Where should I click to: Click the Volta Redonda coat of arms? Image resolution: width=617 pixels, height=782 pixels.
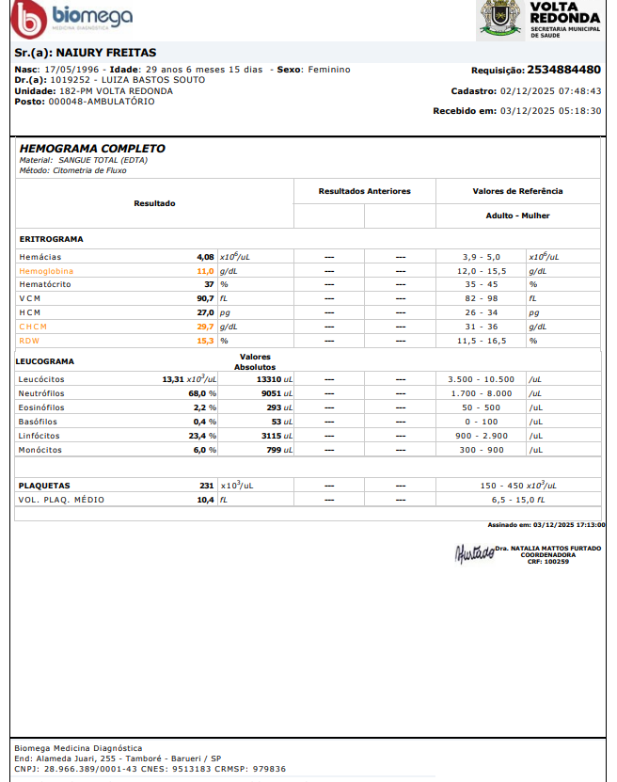[499, 19]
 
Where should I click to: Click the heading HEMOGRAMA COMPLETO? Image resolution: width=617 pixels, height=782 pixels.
[92, 149]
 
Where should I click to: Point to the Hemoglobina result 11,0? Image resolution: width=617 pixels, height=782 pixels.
[205, 270]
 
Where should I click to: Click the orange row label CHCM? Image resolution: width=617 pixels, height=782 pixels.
[36, 327]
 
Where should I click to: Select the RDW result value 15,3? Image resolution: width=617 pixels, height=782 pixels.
[205, 341]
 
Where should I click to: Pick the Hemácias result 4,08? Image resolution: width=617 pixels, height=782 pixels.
[205, 256]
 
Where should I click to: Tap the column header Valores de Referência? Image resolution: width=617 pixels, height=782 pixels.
[517, 191]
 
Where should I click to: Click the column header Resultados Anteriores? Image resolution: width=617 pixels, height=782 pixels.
[364, 191]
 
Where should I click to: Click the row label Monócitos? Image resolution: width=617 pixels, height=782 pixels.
[40, 450]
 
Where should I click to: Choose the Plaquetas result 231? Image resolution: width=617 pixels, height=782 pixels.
[207, 486]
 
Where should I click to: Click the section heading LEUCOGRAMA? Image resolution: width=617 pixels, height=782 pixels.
[46, 360]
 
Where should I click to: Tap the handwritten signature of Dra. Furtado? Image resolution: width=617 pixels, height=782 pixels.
[473, 552]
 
